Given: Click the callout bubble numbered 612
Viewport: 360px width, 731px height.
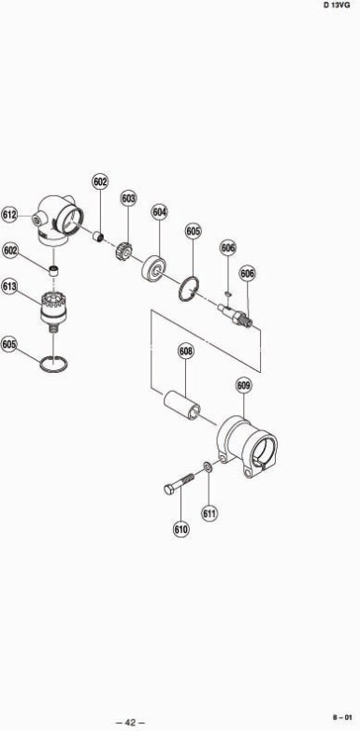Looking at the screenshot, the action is (x=9, y=215).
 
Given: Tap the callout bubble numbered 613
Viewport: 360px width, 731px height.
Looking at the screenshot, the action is (x=9, y=286).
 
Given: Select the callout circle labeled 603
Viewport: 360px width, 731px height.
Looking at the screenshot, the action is (x=129, y=198).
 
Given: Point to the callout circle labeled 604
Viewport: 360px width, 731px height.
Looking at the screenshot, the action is (x=160, y=212).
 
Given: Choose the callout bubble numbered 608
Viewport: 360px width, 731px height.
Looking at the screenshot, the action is (x=185, y=351).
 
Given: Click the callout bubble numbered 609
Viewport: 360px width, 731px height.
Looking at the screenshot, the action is (x=244, y=385).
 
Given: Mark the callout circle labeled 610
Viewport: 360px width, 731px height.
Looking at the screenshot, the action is (x=180, y=529).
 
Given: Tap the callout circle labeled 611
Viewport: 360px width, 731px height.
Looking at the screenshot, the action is (x=209, y=513).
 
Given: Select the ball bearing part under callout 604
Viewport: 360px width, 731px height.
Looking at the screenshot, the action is (x=154, y=268).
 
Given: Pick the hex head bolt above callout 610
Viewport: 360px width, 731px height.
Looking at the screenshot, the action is (x=180, y=483).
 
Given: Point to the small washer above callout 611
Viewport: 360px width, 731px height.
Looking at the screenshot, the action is (x=207, y=466).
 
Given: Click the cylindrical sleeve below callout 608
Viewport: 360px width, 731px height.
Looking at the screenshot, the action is (x=181, y=404).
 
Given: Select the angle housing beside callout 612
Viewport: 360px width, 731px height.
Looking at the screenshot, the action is (x=58, y=220).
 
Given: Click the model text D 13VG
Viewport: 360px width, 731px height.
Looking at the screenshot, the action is (x=337, y=6).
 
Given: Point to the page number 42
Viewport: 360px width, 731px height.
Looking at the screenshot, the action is (x=130, y=723).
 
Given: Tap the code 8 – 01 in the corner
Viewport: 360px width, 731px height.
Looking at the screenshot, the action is (x=341, y=717).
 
